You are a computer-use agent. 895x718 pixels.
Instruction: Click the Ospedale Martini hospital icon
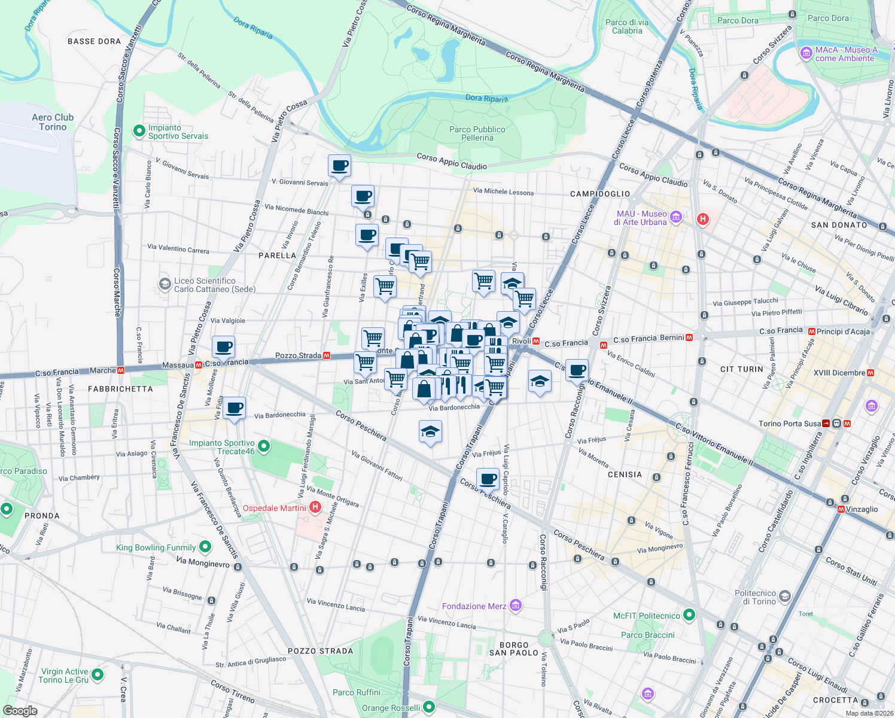[315, 508]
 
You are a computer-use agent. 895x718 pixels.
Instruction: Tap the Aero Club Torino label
[53, 122]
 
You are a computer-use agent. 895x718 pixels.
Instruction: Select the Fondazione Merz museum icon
[516, 606]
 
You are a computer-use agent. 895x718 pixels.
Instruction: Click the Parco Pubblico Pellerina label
[477, 133]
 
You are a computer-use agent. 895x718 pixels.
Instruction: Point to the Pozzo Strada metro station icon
[327, 355]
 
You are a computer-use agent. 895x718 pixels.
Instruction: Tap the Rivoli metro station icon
[537, 342]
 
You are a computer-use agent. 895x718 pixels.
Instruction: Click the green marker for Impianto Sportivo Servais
[139, 130]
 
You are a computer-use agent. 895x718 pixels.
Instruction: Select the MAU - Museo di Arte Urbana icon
[676, 217]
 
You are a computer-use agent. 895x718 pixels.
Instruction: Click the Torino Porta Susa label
[790, 424]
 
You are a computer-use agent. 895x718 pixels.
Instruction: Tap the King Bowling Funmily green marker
[205, 547]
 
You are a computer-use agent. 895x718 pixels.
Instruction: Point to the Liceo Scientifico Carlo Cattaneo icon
[165, 284]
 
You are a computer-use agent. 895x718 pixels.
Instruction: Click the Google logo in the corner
[20, 711]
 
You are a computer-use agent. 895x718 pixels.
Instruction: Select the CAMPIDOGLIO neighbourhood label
[599, 194]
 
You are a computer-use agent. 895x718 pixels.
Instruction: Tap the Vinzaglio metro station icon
[841, 509]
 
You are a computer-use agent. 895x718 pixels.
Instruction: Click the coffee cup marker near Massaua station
[223, 347]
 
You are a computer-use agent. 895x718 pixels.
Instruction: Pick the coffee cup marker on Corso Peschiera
[488, 479]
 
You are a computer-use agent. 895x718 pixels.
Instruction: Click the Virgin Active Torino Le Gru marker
[98, 675]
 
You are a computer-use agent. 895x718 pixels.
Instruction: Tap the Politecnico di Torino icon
[785, 597]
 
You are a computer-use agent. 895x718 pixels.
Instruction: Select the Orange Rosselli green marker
[428, 707]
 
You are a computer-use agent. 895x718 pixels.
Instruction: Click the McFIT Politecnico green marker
[689, 615]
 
